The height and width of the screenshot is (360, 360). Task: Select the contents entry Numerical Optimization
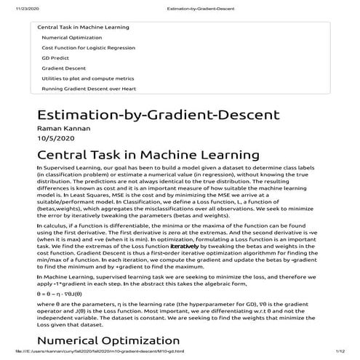(x=71, y=37)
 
